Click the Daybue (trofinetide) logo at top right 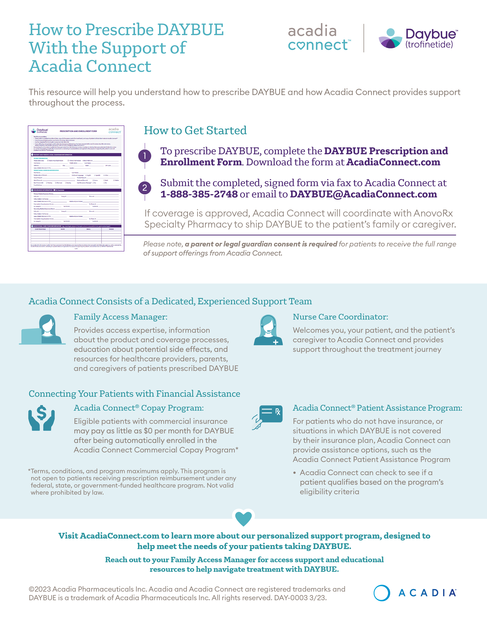[x=418, y=38]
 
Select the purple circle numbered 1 [x=145, y=156]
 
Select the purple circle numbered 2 [x=145, y=188]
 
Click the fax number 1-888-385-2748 [x=199, y=194]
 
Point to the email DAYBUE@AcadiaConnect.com [x=363, y=194]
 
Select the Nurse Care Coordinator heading [x=341, y=317]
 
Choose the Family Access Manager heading [x=120, y=317]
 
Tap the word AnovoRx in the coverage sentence [x=433, y=213]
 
